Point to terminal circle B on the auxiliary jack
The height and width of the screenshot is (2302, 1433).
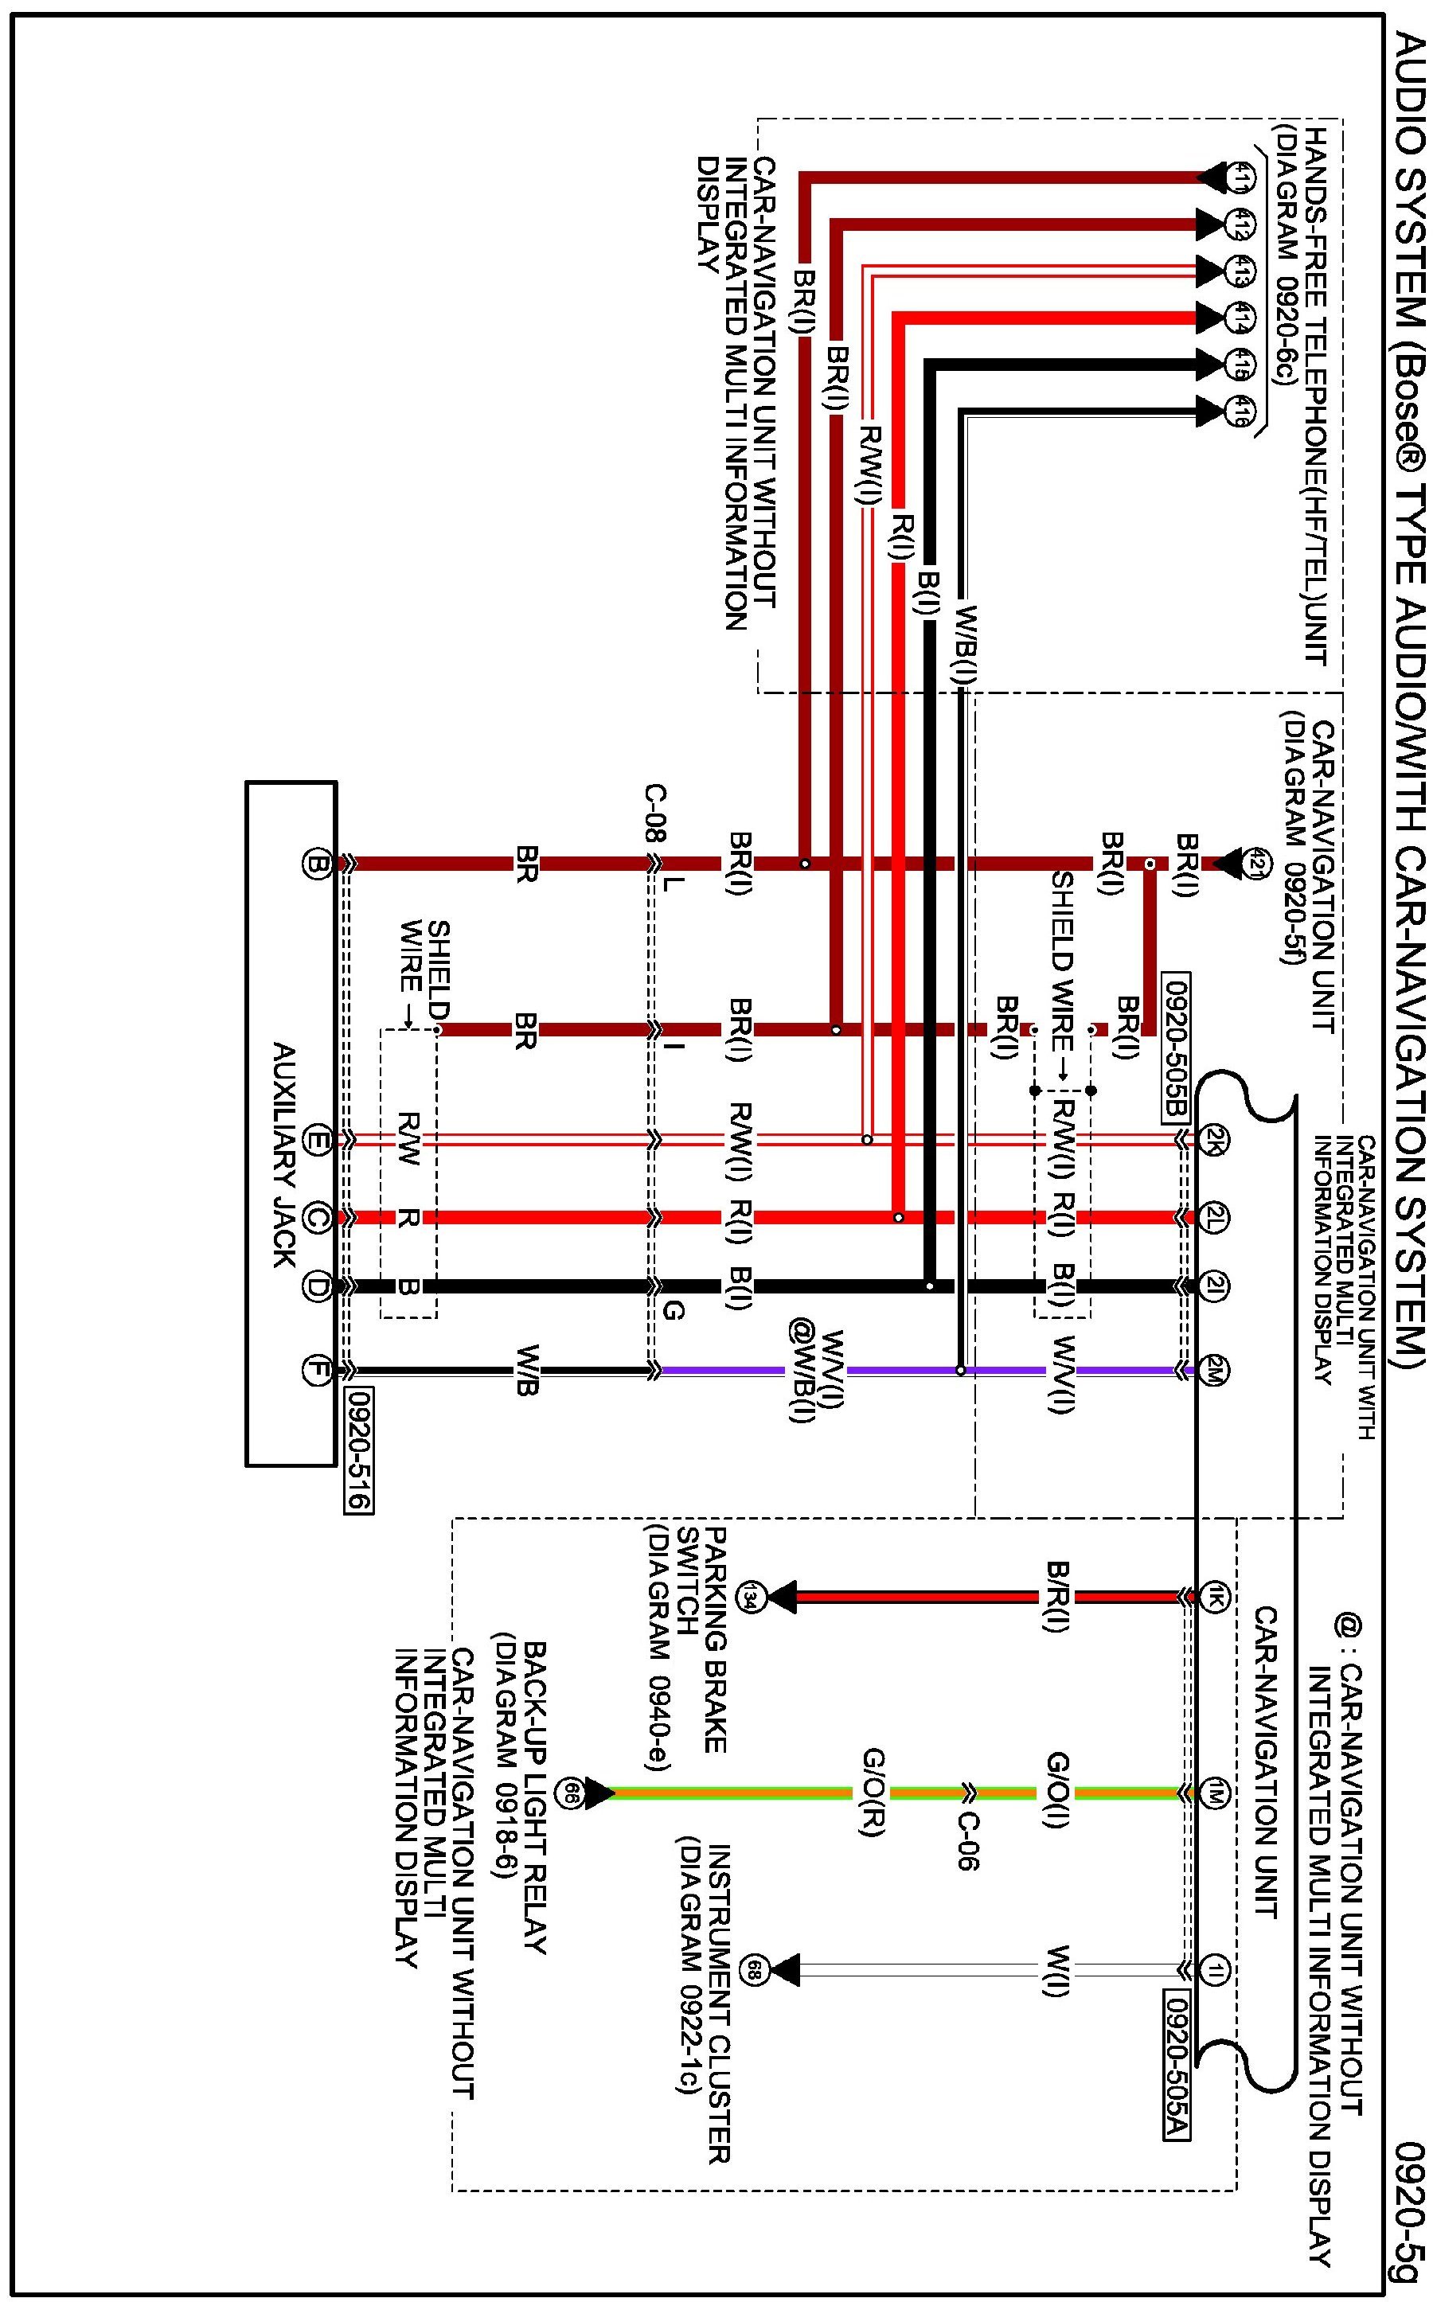314,863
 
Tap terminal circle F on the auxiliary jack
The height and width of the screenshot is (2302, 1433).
314,1370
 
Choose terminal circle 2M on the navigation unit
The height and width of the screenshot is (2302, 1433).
1214,1370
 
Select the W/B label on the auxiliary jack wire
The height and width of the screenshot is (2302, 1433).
527,1370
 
